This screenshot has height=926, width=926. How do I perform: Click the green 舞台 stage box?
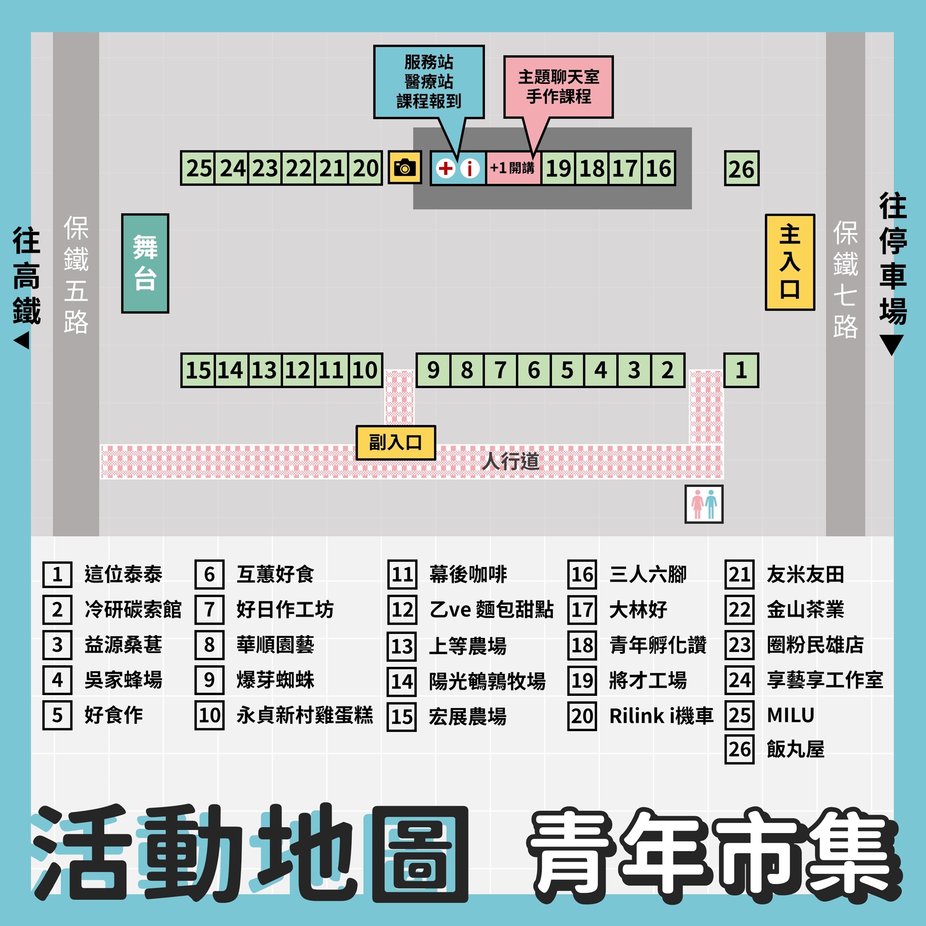click(145, 263)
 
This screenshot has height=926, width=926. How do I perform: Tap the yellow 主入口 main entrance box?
click(789, 262)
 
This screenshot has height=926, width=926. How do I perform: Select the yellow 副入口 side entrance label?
click(395, 442)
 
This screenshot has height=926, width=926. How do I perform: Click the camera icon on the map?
click(405, 168)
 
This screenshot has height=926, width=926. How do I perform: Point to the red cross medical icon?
click(445, 168)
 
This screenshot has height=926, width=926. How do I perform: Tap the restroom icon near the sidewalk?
click(704, 504)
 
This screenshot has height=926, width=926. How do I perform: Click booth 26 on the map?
click(741, 168)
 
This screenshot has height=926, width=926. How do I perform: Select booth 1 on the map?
click(740, 370)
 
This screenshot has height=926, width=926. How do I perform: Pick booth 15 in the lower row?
click(198, 370)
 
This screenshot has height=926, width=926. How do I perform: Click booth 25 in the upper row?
click(199, 168)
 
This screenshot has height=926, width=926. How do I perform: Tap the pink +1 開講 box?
click(513, 168)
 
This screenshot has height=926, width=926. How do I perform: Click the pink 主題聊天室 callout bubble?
click(558, 87)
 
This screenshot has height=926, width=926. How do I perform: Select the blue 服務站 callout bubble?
click(428, 81)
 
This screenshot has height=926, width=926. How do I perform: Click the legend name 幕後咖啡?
click(468, 574)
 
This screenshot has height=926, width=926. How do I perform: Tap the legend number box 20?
click(582, 716)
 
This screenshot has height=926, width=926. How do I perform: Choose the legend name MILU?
click(790, 715)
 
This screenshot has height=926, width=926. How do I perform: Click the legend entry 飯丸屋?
click(795, 749)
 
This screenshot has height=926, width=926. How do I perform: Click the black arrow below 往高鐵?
click(22, 341)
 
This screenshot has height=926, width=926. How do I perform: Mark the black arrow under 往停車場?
click(891, 344)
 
